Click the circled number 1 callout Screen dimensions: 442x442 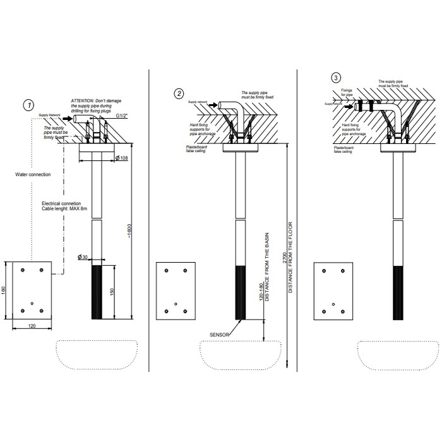click(28, 104)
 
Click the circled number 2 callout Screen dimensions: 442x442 click(180, 93)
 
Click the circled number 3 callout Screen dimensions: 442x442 click(337, 78)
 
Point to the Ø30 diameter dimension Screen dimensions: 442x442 click(83, 256)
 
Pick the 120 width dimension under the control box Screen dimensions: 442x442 click(31, 326)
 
